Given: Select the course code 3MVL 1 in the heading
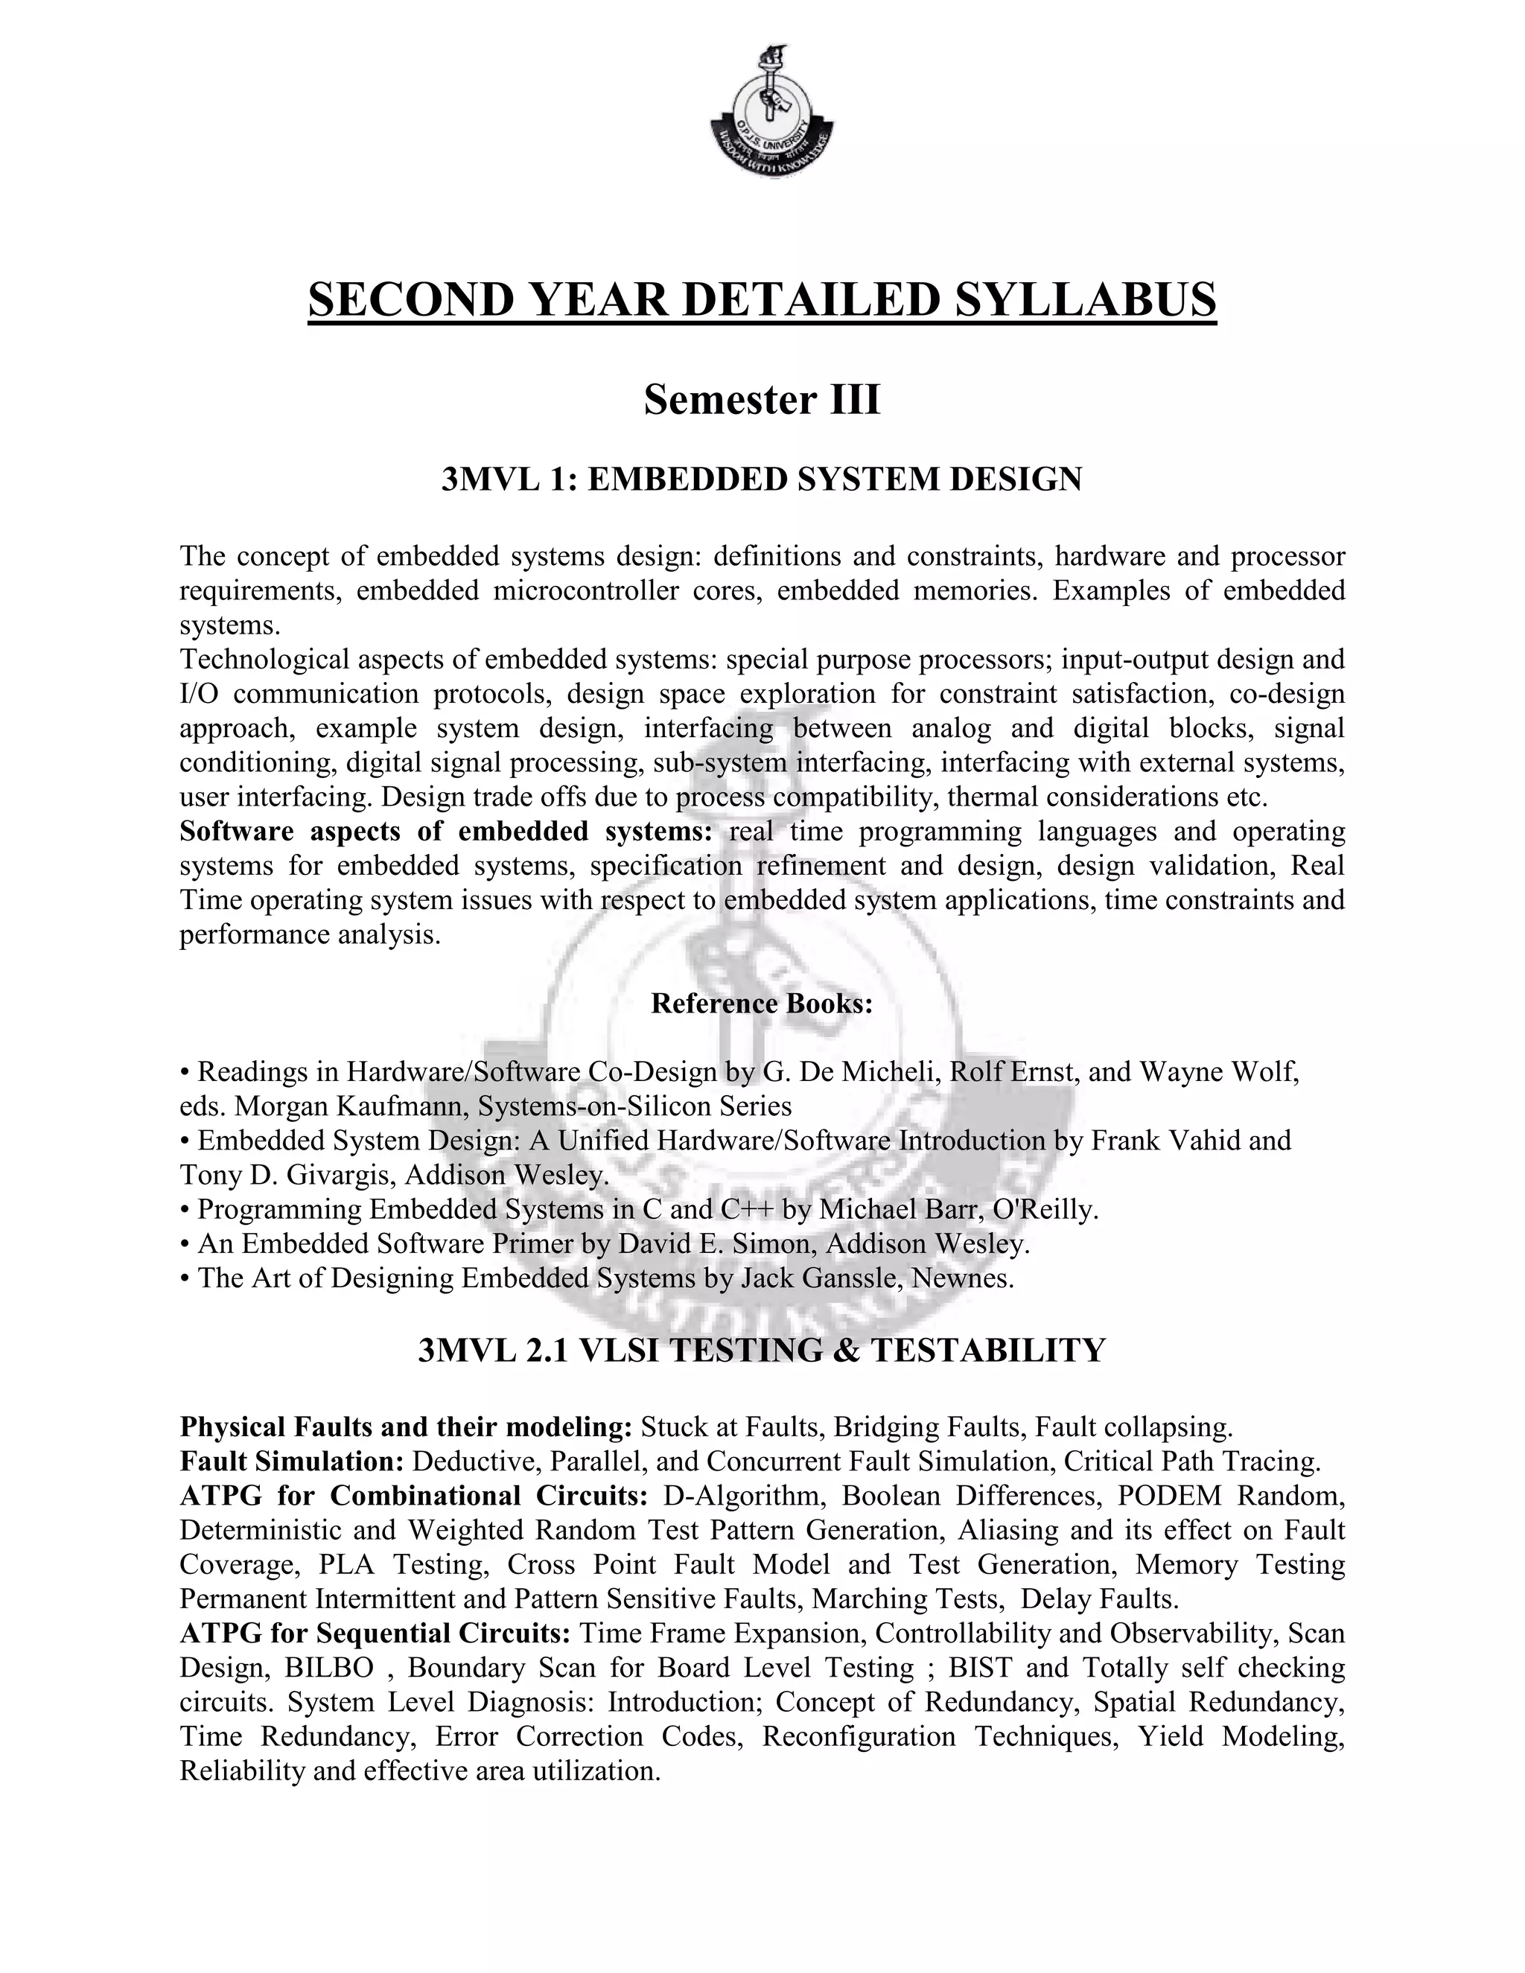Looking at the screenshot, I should tap(508, 479).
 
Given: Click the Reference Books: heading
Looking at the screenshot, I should tap(762, 1004).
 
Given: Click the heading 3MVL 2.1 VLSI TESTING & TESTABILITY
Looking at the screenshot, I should tap(762, 1351).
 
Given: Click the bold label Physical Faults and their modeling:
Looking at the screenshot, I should tap(406, 1427).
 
